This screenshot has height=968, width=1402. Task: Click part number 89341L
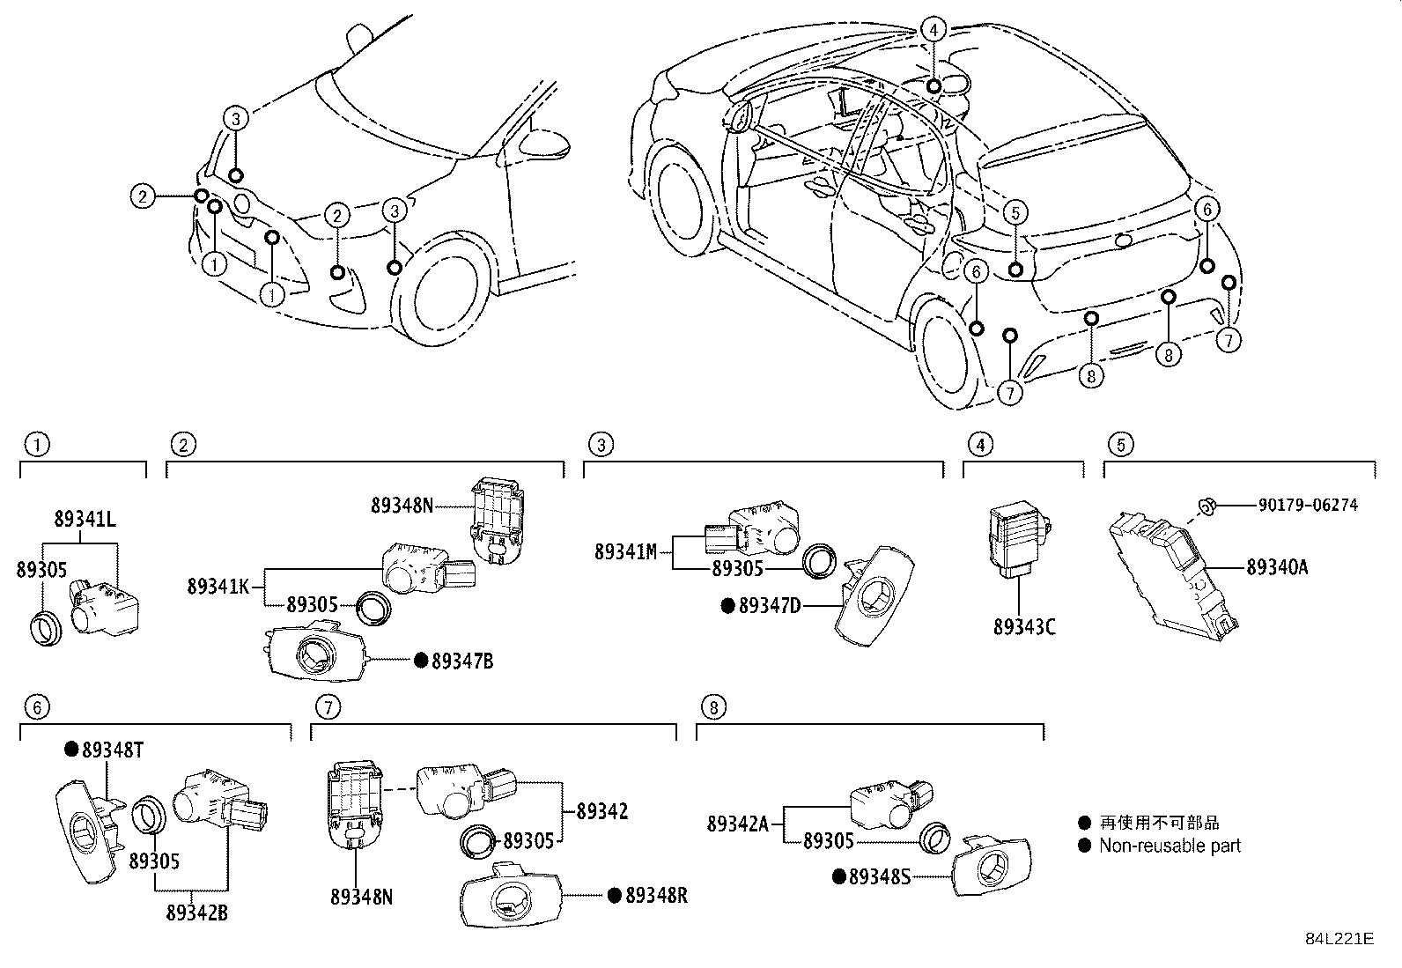85,519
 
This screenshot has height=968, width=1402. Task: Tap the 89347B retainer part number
461,661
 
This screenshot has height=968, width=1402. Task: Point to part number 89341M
625,552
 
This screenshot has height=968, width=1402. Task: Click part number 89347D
769,605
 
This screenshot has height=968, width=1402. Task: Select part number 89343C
1023,627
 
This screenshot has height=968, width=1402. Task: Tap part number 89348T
113,750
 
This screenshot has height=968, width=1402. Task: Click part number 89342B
197,913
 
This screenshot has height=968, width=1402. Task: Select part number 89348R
656,896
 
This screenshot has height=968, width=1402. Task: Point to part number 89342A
738,824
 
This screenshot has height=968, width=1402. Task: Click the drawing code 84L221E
1339,939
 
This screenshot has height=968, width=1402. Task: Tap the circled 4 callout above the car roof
933,30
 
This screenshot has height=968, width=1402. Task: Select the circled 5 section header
1120,445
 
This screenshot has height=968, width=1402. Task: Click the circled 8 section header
712,706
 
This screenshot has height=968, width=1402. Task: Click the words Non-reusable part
1169,846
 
